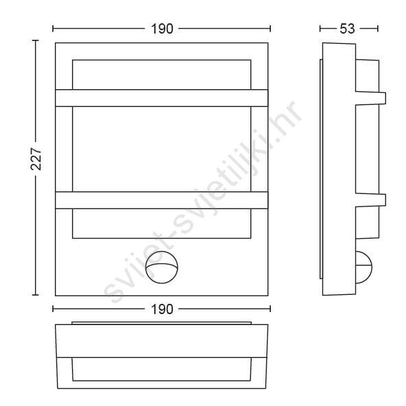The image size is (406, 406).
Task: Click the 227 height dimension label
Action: (36, 159)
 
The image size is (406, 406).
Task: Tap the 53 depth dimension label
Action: (347, 29)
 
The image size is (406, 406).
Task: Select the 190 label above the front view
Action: (162, 29)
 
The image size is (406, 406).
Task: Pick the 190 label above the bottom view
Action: (162, 309)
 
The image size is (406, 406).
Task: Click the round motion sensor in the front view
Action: (162, 267)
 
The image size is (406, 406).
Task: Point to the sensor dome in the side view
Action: (364, 267)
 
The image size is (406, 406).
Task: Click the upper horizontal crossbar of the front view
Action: (162, 98)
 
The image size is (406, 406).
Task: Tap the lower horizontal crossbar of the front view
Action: (162, 200)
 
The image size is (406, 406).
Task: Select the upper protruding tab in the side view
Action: (371, 98)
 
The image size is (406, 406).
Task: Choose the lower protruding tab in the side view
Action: (371, 200)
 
